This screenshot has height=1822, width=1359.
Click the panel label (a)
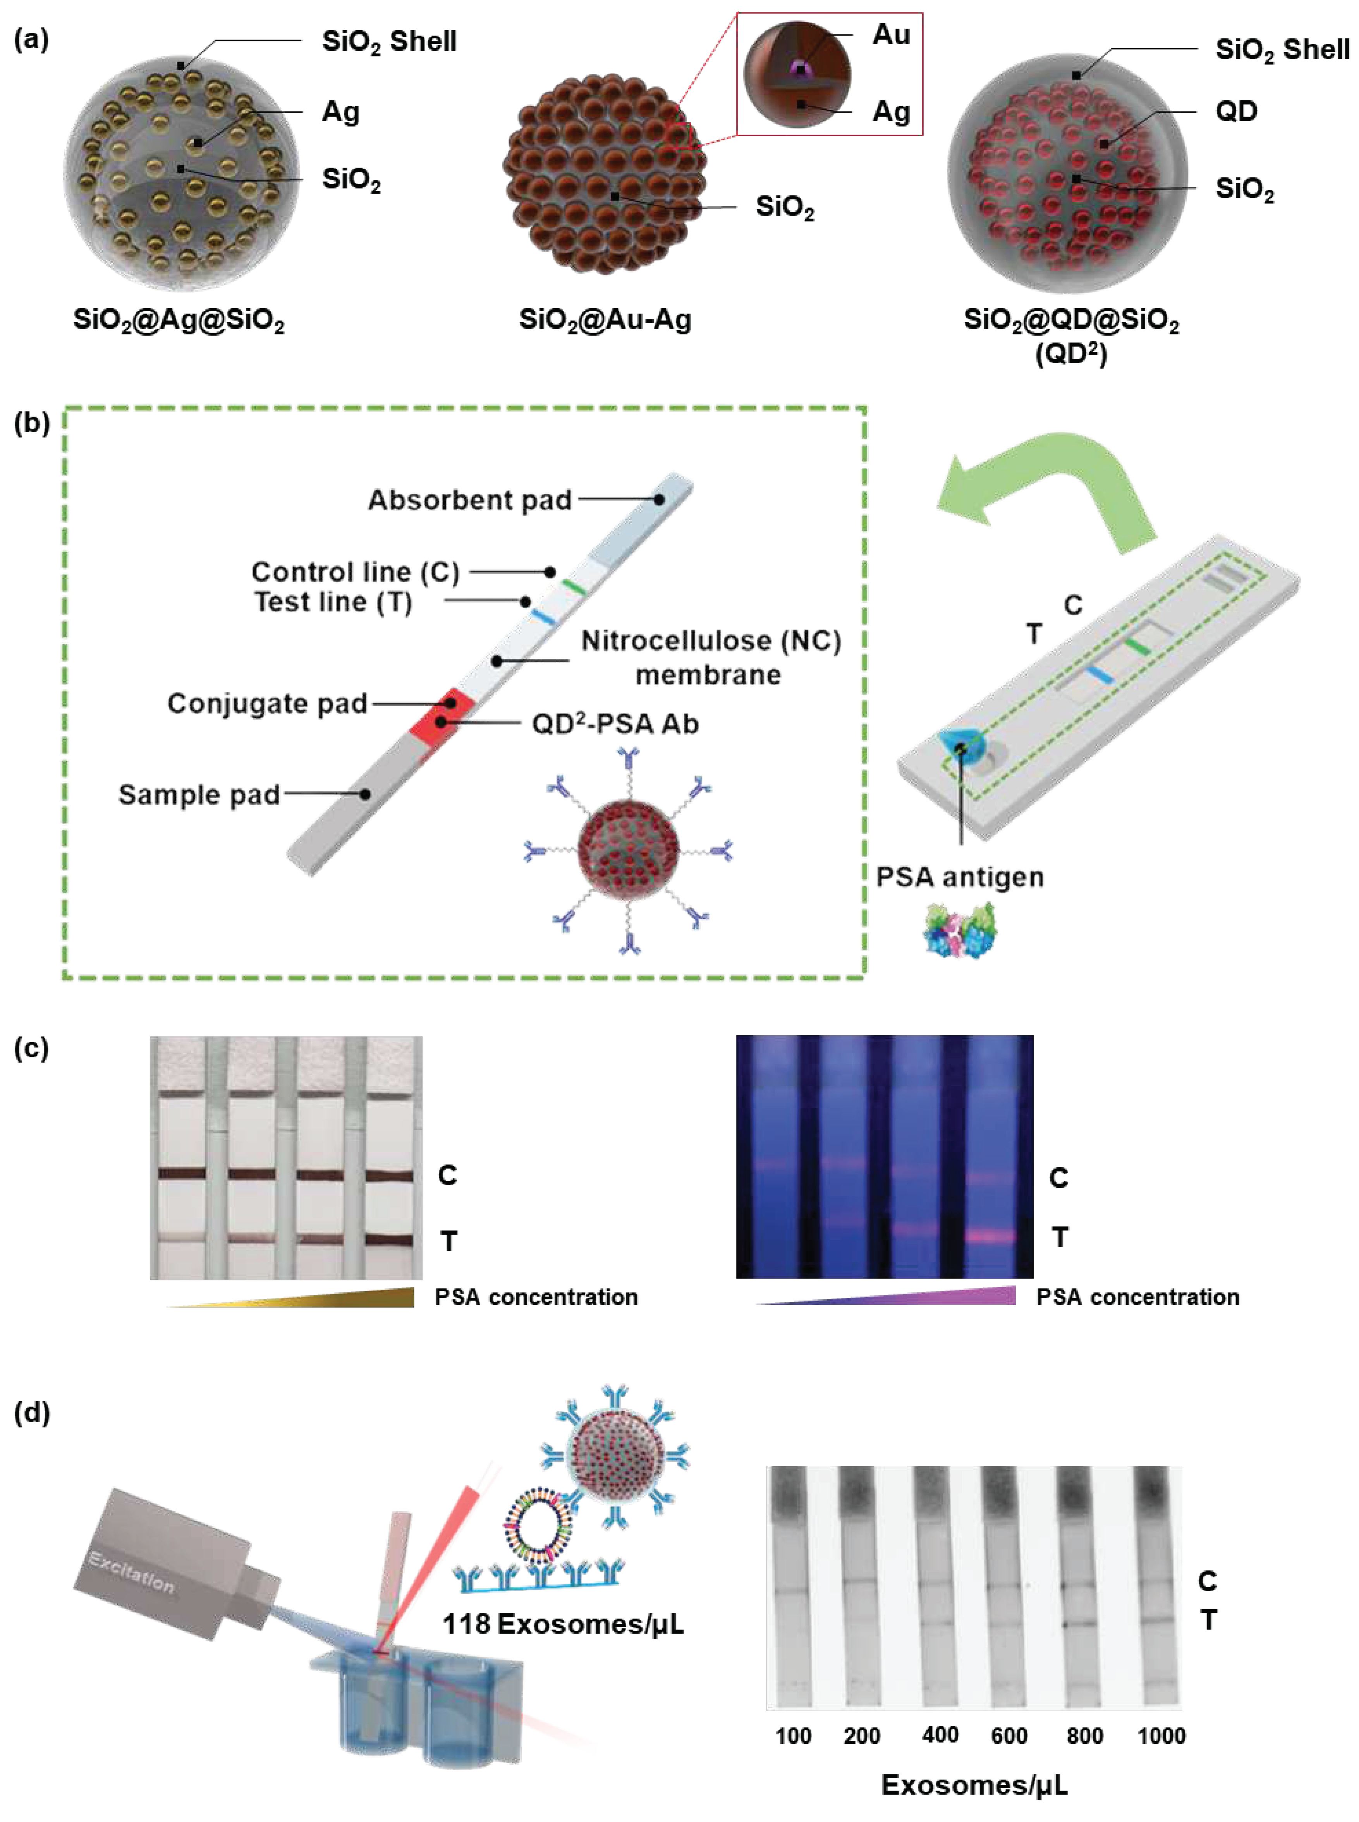[31, 39]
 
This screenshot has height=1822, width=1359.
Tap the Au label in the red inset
[891, 35]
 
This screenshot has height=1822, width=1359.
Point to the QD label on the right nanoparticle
[1235, 111]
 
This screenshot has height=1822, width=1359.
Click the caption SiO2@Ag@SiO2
[179, 319]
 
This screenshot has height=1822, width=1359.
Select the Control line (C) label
[356, 571]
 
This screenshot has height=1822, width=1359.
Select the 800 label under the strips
[1084, 1736]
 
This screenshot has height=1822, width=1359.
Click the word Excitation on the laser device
[132, 1571]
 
